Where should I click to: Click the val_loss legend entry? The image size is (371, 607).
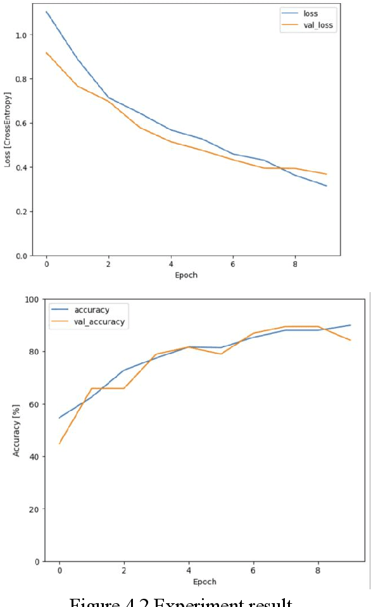pos(319,26)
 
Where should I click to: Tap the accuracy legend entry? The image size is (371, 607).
pos(92,310)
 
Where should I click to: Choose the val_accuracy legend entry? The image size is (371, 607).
pos(99,322)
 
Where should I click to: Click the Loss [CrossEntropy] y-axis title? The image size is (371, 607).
pos(8,129)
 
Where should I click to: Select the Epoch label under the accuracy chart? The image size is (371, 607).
pos(204,582)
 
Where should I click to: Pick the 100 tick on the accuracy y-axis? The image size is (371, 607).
pos(32,299)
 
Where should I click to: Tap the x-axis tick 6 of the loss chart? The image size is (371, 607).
pos(233,264)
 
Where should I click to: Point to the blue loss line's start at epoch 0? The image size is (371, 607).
pos(46,11)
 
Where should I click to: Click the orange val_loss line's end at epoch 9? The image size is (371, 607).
pos(327,174)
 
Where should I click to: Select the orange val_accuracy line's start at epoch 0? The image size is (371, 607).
pos(60,443)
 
